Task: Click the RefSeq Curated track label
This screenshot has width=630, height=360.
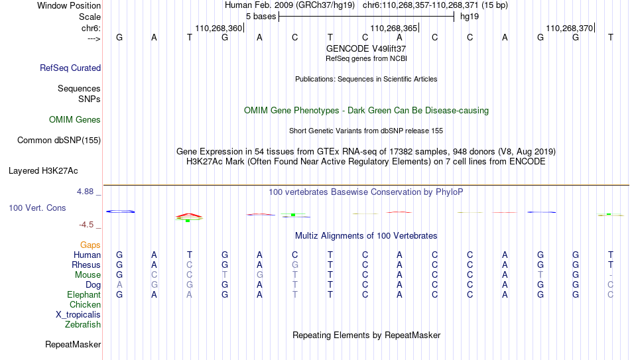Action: click(x=70, y=68)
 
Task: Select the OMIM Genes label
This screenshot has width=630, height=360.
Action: click(x=75, y=120)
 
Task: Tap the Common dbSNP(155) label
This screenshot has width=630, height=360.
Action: click(x=59, y=141)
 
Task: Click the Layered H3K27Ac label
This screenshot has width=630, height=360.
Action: click(x=43, y=171)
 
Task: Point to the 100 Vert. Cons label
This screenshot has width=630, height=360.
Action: click(x=37, y=208)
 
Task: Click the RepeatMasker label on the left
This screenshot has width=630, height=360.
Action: click(x=73, y=344)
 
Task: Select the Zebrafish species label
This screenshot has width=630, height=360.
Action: click(x=83, y=325)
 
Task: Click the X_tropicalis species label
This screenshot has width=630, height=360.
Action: click(x=78, y=315)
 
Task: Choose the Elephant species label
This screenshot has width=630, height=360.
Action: click(x=84, y=294)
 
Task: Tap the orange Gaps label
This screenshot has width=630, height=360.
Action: click(x=90, y=245)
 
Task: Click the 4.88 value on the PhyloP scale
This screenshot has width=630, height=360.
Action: click(x=85, y=192)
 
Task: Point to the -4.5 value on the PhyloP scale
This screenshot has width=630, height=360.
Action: click(x=86, y=225)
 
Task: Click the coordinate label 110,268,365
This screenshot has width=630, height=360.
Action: click(x=394, y=28)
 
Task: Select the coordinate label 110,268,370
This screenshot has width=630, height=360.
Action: click(x=570, y=28)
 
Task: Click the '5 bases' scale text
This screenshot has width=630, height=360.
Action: click(x=261, y=17)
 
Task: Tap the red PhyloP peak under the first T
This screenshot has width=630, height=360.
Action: click(x=189, y=215)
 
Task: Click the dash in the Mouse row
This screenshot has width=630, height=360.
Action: click(x=611, y=275)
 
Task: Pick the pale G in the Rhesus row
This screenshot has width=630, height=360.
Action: click(x=295, y=265)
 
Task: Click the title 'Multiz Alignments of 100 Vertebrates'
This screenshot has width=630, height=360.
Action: click(x=366, y=236)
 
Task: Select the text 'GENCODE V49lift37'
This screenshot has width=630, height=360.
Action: click(x=366, y=48)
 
